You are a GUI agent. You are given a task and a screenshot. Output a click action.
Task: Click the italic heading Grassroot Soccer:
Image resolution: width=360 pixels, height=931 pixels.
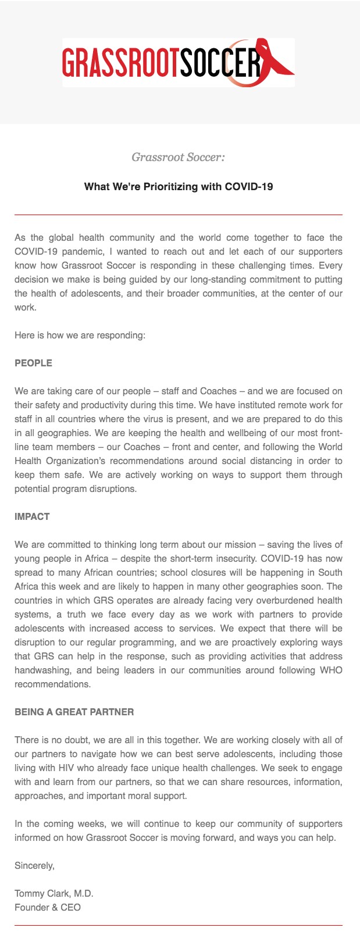pyautogui.click(x=178, y=157)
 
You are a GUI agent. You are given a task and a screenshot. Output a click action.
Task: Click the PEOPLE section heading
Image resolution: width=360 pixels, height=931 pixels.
pyautogui.click(x=33, y=363)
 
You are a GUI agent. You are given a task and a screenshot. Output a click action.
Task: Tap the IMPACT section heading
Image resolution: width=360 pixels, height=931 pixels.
pyautogui.click(x=32, y=517)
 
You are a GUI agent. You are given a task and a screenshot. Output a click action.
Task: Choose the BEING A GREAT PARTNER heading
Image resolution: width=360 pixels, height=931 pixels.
pyautogui.click(x=74, y=712)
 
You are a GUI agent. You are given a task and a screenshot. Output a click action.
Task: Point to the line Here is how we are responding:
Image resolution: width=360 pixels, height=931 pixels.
pyautogui.click(x=80, y=336)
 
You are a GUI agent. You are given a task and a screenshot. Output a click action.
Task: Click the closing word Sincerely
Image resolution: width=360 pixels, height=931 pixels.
pyautogui.click(x=34, y=866)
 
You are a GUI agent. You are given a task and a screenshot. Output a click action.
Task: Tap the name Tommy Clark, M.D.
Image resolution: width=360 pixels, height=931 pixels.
pyautogui.click(x=54, y=894)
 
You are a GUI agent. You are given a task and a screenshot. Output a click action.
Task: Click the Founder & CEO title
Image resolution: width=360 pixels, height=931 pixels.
pyautogui.click(x=48, y=908)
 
